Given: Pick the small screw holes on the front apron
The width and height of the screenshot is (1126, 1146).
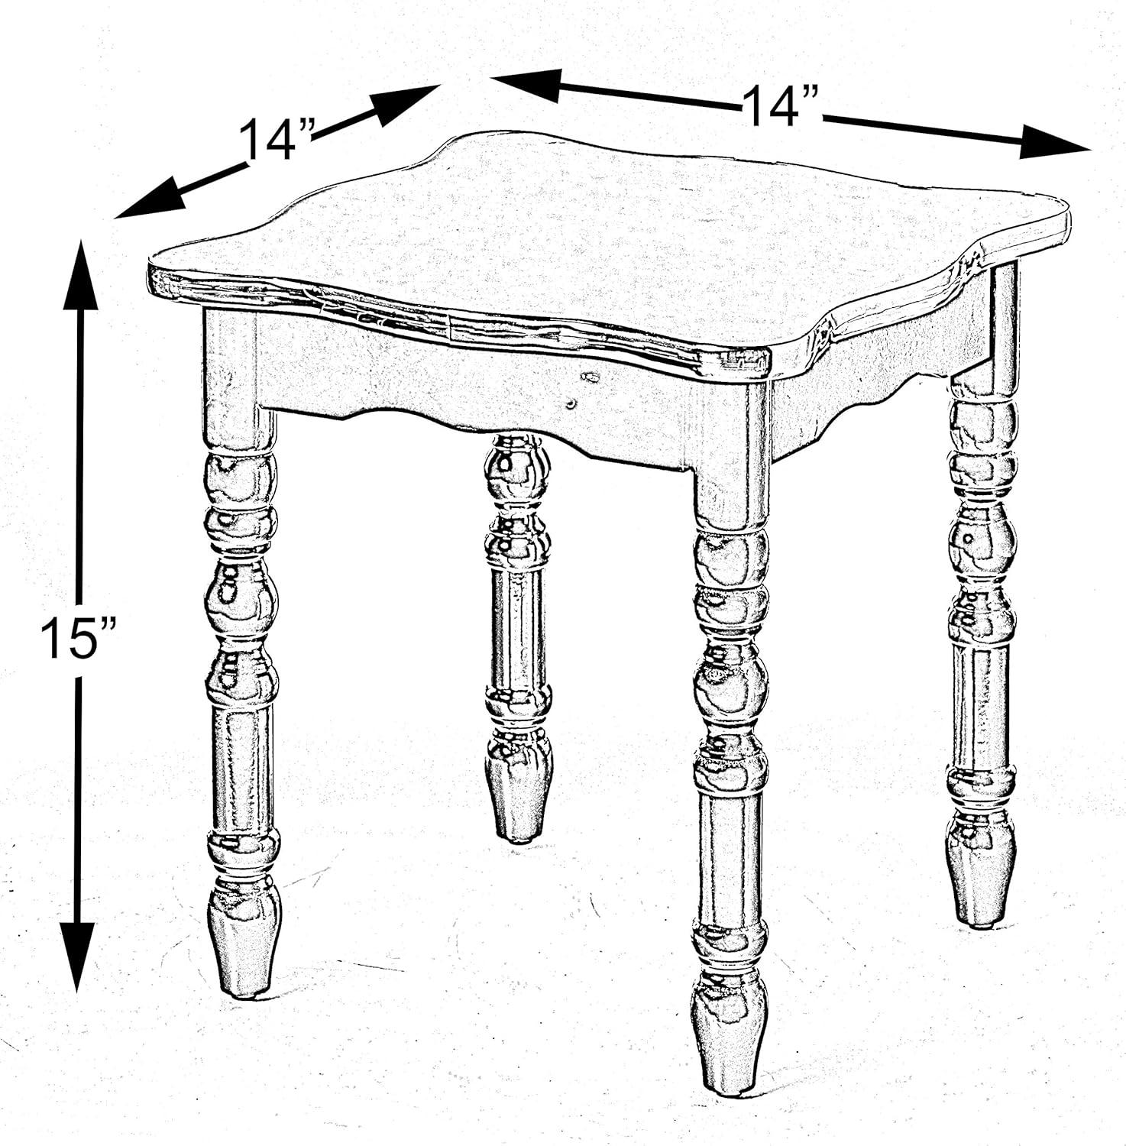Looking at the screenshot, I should coord(581,390).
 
